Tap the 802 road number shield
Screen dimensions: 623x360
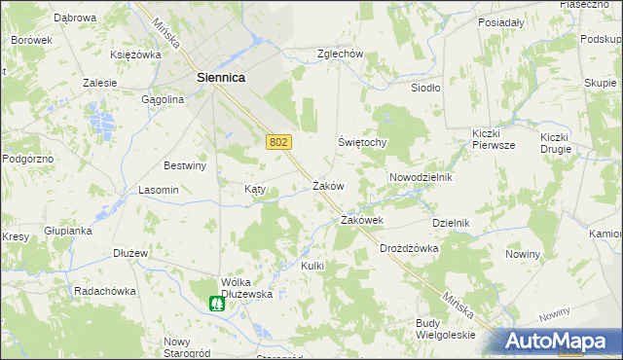277,142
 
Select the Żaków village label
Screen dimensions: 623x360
328,185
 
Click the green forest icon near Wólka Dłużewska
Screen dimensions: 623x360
219,303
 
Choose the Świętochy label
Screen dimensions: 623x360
363,142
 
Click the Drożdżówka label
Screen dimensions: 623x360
409,248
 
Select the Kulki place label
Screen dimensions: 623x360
311,266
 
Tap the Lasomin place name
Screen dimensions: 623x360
159,190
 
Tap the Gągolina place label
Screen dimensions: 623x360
163,99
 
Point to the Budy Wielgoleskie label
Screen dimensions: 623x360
445,329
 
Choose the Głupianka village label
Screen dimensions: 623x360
67,231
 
